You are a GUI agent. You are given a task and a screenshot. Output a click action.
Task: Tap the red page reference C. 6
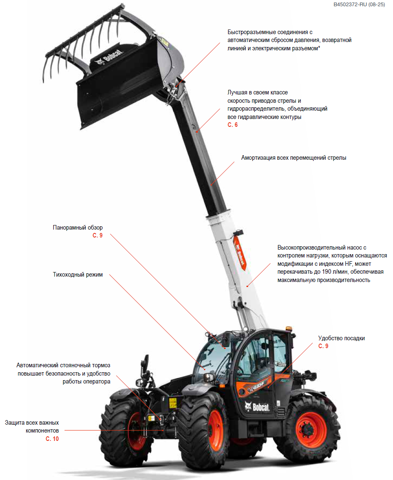pos(232,125)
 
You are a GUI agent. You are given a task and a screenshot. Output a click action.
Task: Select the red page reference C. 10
pos(52,439)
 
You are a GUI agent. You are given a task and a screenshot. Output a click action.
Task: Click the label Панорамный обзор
pos(77,228)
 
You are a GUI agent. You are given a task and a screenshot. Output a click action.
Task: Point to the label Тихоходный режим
pos(77,275)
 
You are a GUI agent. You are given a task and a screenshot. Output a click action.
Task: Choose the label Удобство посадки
pos(341,338)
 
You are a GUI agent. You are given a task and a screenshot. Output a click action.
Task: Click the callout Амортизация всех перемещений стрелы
pos(294,158)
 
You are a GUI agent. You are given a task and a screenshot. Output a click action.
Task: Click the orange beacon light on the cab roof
pos(289,329)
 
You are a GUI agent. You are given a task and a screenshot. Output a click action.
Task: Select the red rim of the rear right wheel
pos(311,430)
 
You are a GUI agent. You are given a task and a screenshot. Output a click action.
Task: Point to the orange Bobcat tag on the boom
pos(239,252)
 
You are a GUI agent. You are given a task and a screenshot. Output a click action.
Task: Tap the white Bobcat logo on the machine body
pos(257,407)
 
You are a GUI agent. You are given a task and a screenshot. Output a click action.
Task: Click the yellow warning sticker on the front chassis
pos(173,403)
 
